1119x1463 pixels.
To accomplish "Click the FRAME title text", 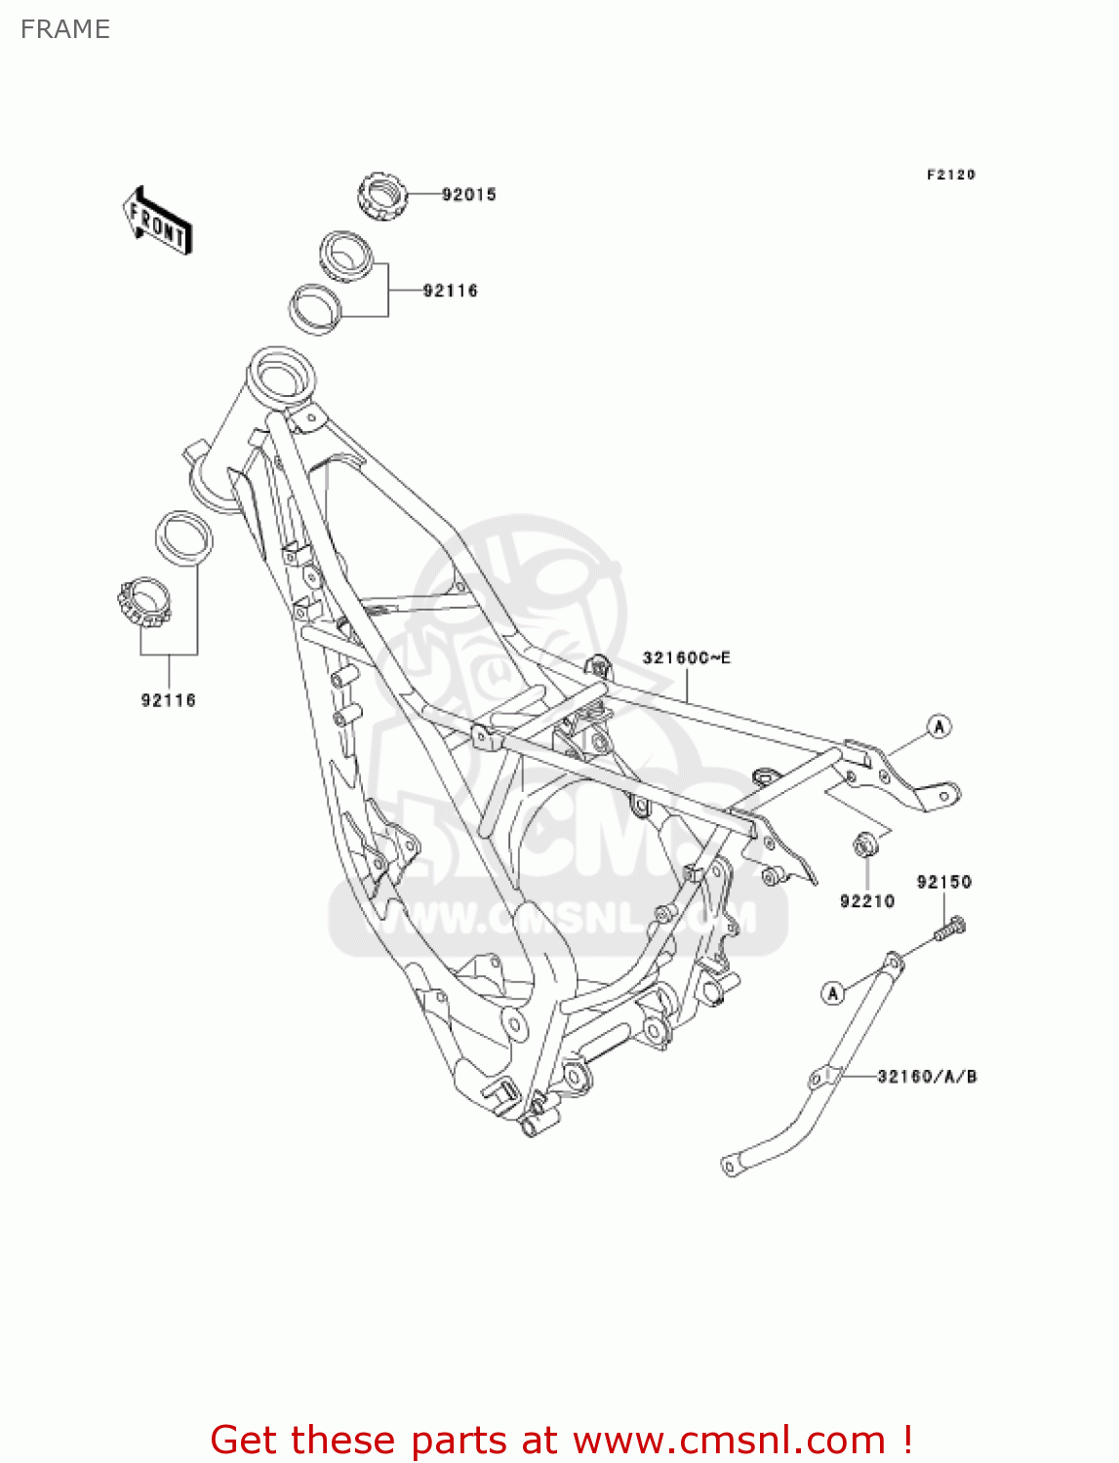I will tap(64, 29).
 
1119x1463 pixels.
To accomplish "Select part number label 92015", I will tap(468, 194).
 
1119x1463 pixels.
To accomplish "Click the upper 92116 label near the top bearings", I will tap(450, 291).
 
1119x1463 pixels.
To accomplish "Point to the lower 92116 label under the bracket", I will tap(168, 700).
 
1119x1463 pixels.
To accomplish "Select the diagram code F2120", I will tap(950, 175).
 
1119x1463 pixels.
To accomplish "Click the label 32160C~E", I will tap(686, 658).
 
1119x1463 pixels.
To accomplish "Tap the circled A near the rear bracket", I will tap(939, 727).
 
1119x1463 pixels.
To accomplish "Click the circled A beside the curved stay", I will tap(832, 993).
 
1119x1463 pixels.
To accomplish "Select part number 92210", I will tap(866, 901).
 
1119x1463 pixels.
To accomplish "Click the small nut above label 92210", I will tap(864, 845).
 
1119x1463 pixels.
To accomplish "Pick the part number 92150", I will tap(943, 882).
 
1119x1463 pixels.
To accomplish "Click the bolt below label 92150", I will tap(949, 929).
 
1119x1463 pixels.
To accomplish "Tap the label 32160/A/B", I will tap(927, 1077).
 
